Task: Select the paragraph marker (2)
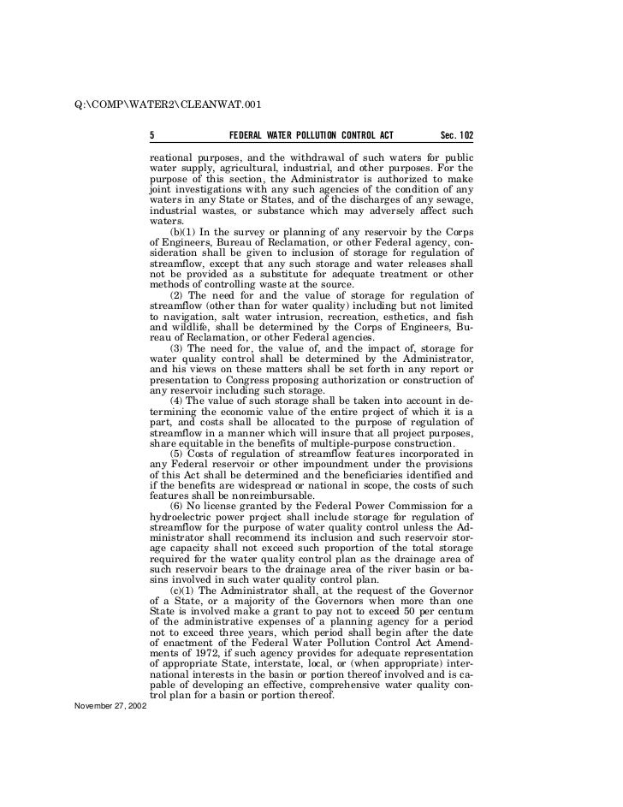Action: pyautogui.click(x=177, y=295)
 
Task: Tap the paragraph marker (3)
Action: pyautogui.click(x=177, y=348)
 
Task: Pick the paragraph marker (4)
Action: pyautogui.click(x=177, y=401)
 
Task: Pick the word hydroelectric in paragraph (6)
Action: pyautogui.click(x=184, y=517)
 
